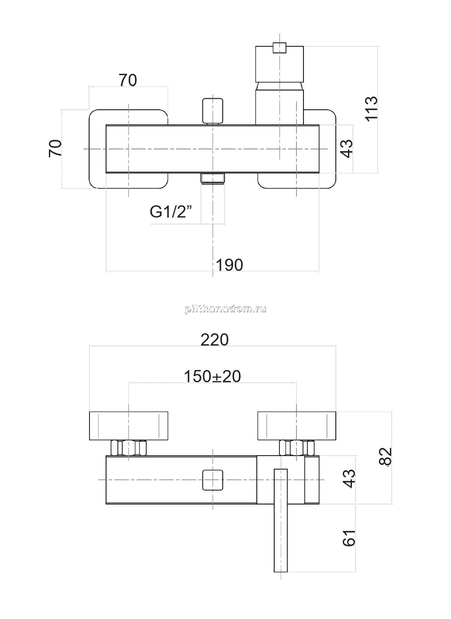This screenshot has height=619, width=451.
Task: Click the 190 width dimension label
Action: point(229,265)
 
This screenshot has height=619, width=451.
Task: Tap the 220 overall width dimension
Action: point(214,339)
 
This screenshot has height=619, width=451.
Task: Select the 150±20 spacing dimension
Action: point(212,376)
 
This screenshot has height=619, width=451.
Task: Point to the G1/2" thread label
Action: point(170,212)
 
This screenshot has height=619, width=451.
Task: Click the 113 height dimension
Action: point(372,109)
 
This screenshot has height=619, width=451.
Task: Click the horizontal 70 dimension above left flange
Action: point(128,80)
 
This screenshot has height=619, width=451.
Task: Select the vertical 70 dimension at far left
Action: point(55,149)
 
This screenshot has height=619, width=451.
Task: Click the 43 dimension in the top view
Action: point(347,149)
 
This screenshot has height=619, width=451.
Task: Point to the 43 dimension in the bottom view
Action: point(349,478)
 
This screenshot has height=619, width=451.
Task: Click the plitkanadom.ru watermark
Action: point(225,309)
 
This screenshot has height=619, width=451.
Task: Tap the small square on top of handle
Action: point(279,48)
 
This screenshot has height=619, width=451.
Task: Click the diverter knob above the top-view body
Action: point(213,111)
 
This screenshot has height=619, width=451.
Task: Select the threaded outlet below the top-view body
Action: point(213,179)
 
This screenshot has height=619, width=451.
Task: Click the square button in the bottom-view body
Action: point(213,480)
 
